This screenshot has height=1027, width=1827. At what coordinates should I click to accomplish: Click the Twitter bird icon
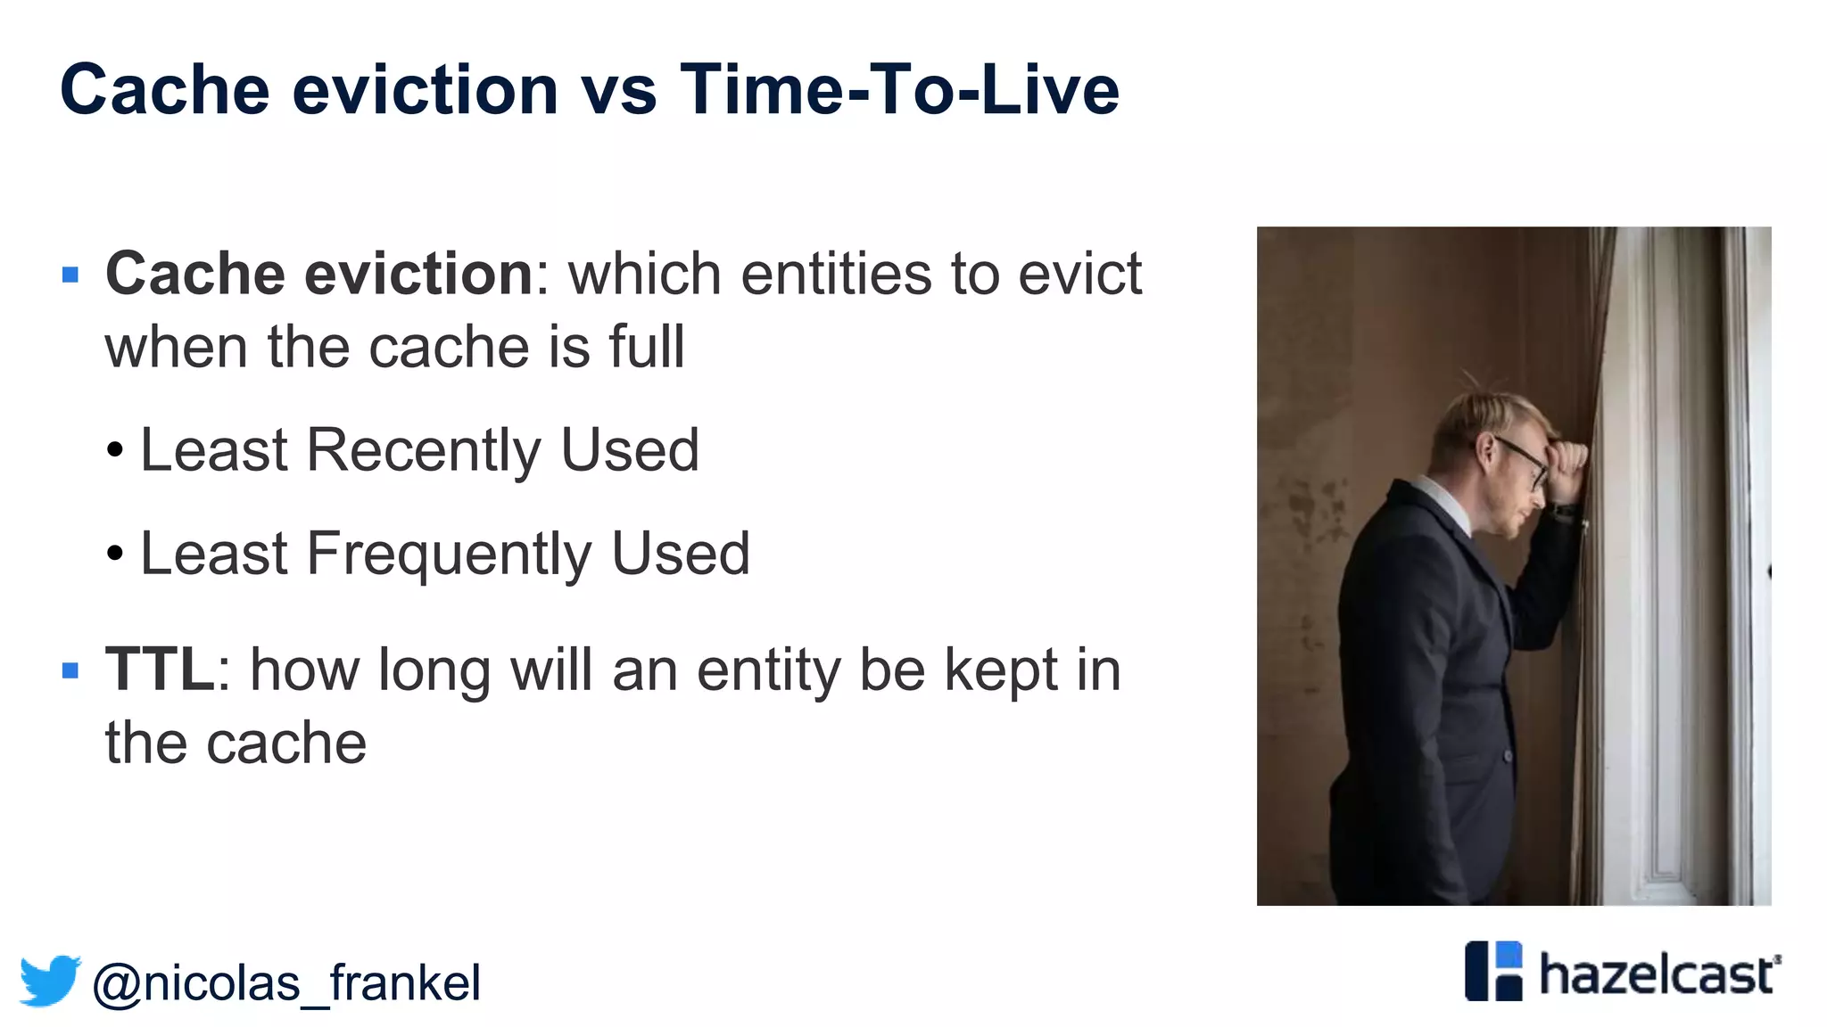50,981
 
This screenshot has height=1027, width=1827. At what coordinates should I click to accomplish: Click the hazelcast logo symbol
1493,971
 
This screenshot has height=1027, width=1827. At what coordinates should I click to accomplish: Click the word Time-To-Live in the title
898,90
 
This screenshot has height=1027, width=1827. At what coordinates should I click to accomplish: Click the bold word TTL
159,670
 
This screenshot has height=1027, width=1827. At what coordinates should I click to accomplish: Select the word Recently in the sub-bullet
423,450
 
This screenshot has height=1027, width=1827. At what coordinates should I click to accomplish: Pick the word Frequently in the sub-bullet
448,554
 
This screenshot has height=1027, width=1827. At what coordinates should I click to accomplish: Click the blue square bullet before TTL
70,670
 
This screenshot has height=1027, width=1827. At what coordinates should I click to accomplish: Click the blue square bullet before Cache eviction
70,275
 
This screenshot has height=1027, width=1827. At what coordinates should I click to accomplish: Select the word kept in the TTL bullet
1000,670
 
